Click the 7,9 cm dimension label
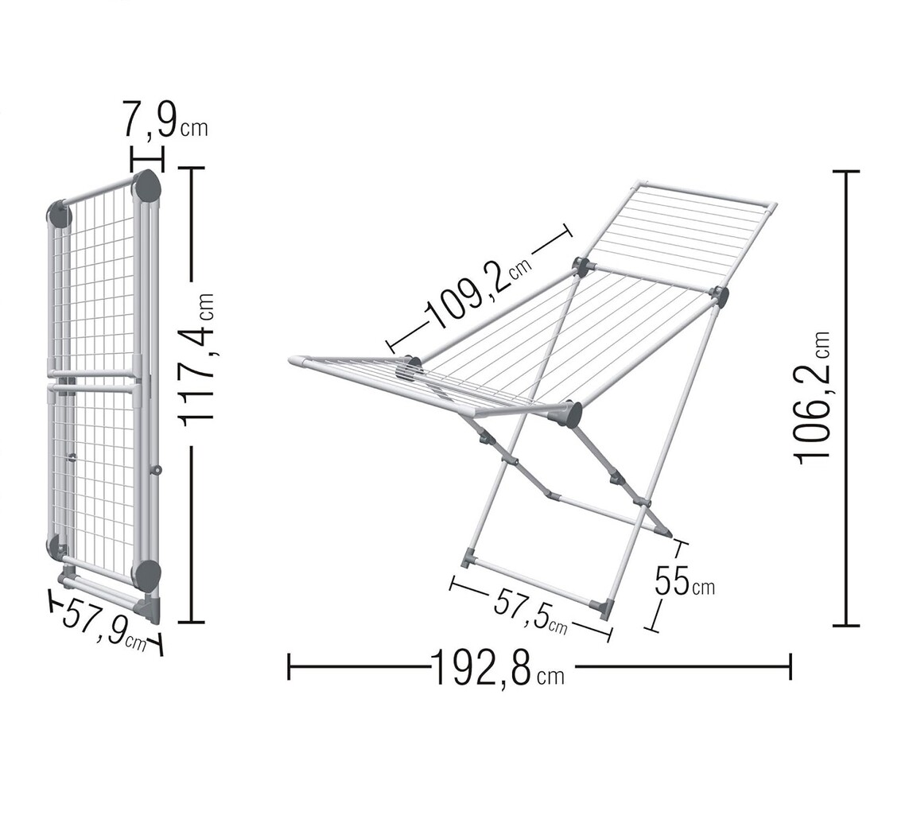[x=165, y=118]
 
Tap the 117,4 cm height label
[x=197, y=359]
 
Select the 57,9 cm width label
[x=103, y=623]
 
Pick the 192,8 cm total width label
[x=497, y=666]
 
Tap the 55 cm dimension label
[x=684, y=581]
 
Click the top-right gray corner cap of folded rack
[x=147, y=184]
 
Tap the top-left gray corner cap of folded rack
[x=60, y=214]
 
